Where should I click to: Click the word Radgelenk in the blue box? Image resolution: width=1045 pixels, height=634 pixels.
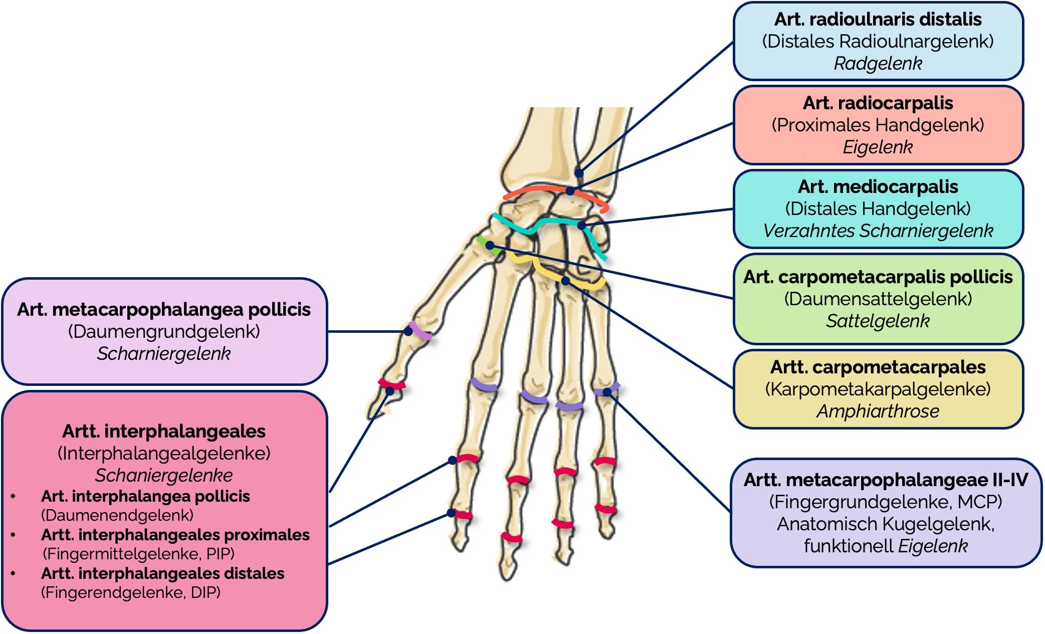(x=878, y=64)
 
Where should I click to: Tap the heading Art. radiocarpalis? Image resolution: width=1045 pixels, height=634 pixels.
(x=878, y=103)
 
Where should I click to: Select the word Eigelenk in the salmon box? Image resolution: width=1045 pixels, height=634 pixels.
(x=878, y=147)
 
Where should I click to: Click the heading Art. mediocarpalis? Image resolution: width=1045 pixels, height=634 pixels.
(x=878, y=187)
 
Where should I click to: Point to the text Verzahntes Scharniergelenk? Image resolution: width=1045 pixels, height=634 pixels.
(x=878, y=231)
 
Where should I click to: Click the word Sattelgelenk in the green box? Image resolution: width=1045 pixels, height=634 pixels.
(x=878, y=321)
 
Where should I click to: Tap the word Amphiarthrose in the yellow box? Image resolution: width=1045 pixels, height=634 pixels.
(x=878, y=411)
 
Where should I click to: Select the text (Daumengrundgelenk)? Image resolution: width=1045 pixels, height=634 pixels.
(x=164, y=332)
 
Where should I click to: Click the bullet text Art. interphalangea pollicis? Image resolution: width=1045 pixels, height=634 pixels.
(x=145, y=496)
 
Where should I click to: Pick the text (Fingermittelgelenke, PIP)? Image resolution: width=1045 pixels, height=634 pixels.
(x=138, y=554)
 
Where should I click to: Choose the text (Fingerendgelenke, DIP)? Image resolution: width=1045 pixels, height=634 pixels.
(x=130, y=592)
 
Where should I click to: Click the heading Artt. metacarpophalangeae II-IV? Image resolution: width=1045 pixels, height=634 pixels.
(x=886, y=480)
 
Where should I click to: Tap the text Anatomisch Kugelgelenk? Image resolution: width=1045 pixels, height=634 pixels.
(x=886, y=524)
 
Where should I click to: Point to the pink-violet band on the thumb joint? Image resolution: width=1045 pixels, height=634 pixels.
(x=420, y=331)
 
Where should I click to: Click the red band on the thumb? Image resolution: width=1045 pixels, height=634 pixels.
(x=391, y=384)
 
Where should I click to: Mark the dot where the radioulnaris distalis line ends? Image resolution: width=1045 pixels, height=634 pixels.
(x=579, y=173)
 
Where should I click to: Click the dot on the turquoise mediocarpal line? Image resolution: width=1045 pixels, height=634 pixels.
(x=581, y=226)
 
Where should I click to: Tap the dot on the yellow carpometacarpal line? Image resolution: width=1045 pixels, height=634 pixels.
(x=565, y=281)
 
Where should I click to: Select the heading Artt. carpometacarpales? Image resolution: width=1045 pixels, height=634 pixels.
(x=878, y=367)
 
